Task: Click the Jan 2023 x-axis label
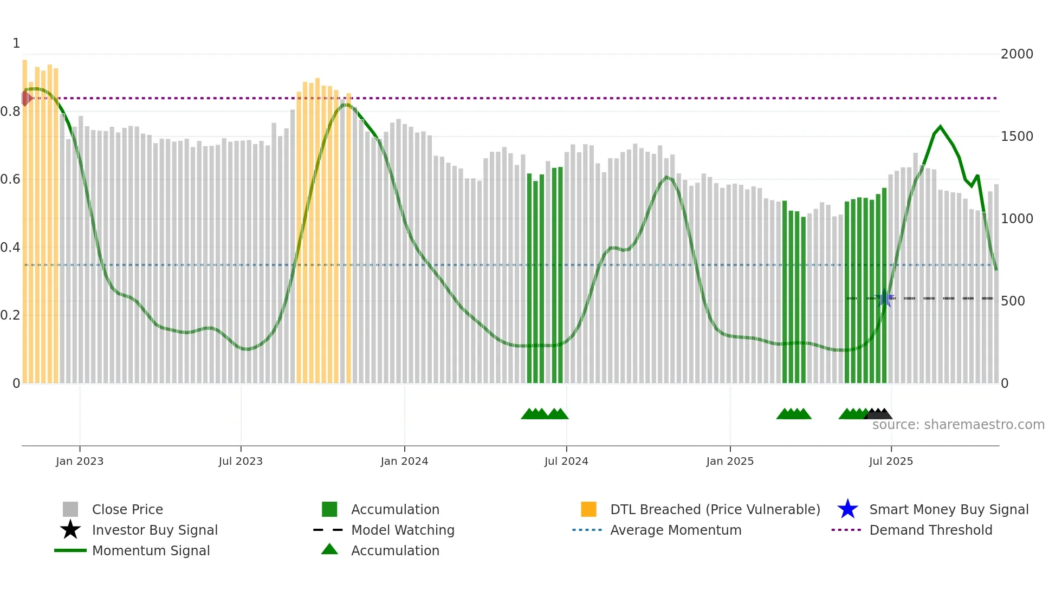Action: pyautogui.click(x=80, y=462)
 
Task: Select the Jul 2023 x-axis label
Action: pyautogui.click(x=241, y=462)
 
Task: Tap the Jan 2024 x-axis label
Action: pyautogui.click(x=404, y=462)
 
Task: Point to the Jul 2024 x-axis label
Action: pyautogui.click(x=566, y=462)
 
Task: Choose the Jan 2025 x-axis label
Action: pyautogui.click(x=730, y=462)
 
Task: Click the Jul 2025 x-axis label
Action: pyautogui.click(x=891, y=462)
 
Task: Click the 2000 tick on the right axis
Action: pyautogui.click(x=1017, y=54)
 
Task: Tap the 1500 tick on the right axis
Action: pyautogui.click(x=1017, y=137)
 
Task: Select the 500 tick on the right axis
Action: pyautogui.click(x=1013, y=301)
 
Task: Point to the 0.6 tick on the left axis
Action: pyautogui.click(x=10, y=179)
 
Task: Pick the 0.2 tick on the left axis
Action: pyautogui.click(x=10, y=315)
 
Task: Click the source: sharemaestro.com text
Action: pyautogui.click(x=959, y=425)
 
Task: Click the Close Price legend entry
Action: pyautogui.click(x=127, y=510)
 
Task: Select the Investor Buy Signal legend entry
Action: pyautogui.click(x=154, y=530)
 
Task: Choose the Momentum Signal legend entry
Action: pyautogui.click(x=151, y=551)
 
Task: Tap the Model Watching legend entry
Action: pyautogui.click(x=403, y=530)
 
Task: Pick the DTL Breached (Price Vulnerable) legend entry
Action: pyautogui.click(x=715, y=510)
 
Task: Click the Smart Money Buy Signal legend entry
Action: pyautogui.click(x=949, y=510)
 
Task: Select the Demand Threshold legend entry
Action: pyautogui.click(x=930, y=530)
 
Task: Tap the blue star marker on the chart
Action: pyautogui.click(x=885, y=298)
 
